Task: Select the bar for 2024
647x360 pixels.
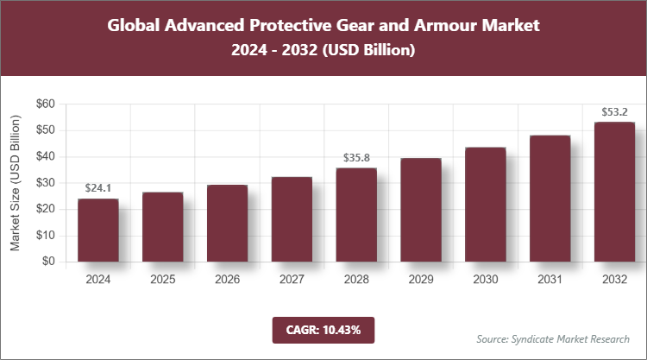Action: pos(97,231)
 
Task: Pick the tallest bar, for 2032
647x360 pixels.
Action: pos(614,192)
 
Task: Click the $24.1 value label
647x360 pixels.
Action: pos(98,188)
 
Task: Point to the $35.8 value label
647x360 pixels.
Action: pos(356,158)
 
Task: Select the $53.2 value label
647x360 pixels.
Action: pos(614,111)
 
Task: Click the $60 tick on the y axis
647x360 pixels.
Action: pos(45,104)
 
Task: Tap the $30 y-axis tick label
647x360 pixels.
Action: pos(45,183)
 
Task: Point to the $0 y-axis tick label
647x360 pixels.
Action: pos(48,262)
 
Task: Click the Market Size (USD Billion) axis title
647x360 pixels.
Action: pos(16,183)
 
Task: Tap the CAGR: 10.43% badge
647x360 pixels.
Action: pos(323,329)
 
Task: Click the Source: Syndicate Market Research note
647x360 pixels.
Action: pos(553,338)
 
